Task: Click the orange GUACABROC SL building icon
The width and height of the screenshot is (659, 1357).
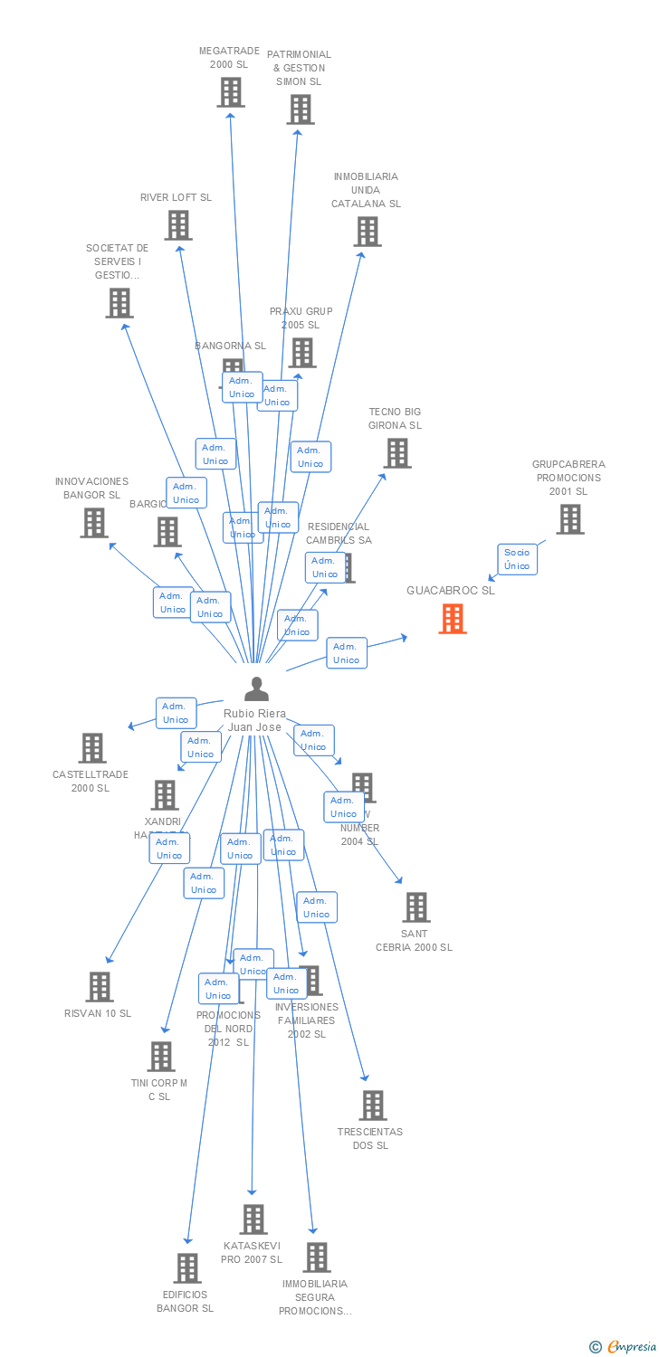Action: click(x=453, y=619)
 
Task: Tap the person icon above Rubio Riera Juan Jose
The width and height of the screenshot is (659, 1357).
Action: click(x=257, y=689)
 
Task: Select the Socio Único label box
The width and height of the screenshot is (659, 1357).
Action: click(x=517, y=559)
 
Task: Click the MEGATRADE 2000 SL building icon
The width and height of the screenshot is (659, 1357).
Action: click(x=231, y=92)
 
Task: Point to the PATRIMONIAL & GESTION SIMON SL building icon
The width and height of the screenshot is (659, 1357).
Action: click(x=300, y=109)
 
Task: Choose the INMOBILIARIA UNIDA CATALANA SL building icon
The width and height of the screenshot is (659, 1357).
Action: click(x=367, y=232)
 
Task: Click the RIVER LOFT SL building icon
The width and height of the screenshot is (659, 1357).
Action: click(x=178, y=225)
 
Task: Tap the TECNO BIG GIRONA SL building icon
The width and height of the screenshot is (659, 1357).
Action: click(x=397, y=453)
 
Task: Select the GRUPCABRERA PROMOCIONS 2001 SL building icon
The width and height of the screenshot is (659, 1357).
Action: click(x=569, y=519)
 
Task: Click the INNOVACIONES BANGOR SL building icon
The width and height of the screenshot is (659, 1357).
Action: click(x=94, y=523)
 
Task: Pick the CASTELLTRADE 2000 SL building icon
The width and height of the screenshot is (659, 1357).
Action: click(x=92, y=748)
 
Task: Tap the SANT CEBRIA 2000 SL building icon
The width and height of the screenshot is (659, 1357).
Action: click(x=415, y=907)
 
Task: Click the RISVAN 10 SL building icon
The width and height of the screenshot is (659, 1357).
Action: click(x=100, y=987)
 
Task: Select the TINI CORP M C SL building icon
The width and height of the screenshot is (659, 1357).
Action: click(x=161, y=1057)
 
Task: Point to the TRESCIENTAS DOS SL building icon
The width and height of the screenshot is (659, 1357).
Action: click(x=373, y=1106)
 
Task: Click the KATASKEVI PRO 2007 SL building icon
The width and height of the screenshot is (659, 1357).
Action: click(x=253, y=1219)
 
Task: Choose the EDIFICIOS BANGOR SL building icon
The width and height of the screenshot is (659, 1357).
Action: click(x=187, y=1268)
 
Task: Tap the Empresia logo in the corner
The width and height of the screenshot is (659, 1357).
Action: click(x=624, y=1347)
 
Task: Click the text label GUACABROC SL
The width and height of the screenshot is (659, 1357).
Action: click(x=451, y=591)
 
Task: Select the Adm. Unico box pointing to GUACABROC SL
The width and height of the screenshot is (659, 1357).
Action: click(x=347, y=653)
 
